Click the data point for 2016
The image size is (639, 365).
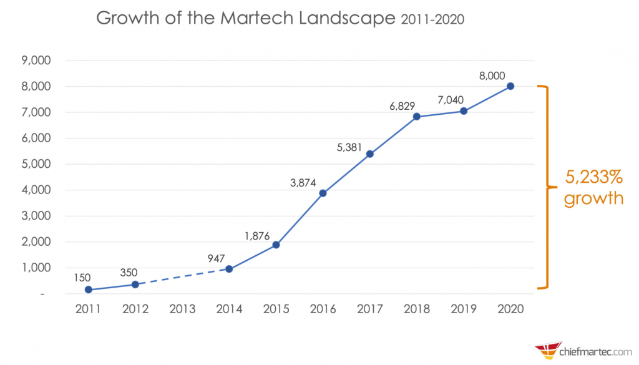[x=323, y=193]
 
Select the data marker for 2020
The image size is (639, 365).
[x=510, y=86]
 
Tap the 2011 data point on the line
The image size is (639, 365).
[x=89, y=290]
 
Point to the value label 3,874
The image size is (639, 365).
[x=303, y=183]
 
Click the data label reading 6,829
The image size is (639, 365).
[x=402, y=106]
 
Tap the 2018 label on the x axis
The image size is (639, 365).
[x=416, y=309]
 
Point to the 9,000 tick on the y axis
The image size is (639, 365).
[x=37, y=61]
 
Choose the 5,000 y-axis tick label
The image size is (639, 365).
[x=37, y=164]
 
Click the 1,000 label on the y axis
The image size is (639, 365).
[x=37, y=268]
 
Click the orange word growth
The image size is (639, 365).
[x=593, y=198]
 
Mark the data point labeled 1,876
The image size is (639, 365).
[x=276, y=245]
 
